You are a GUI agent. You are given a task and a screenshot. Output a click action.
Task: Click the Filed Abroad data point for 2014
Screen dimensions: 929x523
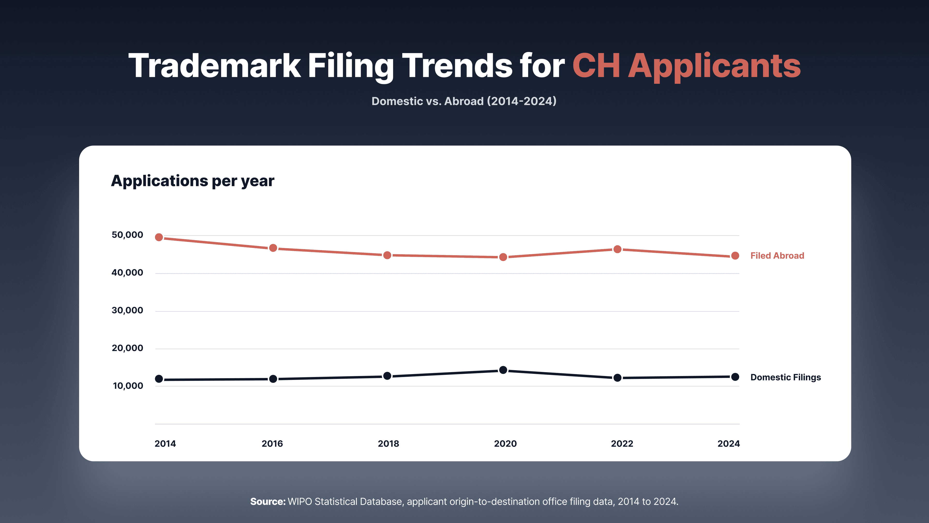point(159,237)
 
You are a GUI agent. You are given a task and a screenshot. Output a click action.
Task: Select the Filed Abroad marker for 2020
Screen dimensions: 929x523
point(503,257)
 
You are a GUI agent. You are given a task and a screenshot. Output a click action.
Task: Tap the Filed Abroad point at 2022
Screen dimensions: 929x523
point(617,249)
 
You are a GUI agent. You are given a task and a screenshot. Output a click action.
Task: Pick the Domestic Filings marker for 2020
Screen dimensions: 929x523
point(503,370)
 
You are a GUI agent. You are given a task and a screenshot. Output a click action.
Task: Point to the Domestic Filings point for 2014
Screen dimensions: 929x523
point(159,379)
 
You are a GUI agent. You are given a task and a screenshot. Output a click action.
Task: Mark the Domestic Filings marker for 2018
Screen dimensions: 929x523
point(387,376)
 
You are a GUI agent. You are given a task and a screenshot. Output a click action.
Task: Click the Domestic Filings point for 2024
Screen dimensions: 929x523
point(735,377)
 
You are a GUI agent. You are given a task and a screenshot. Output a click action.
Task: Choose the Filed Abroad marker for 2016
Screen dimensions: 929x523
point(273,248)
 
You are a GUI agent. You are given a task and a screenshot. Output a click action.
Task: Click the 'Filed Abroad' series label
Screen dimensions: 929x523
point(777,255)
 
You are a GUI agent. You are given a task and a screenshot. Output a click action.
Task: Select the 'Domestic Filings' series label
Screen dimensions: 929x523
point(786,377)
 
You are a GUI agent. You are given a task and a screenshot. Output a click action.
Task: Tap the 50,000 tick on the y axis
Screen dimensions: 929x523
point(127,235)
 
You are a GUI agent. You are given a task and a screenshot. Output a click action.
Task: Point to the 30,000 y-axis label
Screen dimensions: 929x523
point(127,310)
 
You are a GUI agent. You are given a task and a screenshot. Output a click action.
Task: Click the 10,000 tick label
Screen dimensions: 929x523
point(128,386)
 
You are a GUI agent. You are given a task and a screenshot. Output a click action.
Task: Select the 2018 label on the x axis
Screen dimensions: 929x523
point(388,444)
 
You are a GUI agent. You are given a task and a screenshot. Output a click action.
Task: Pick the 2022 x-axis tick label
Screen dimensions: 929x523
point(622,444)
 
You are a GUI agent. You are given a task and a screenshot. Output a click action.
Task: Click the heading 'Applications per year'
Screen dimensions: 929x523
point(193,181)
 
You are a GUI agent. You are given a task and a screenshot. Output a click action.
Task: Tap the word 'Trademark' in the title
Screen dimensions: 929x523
point(215,65)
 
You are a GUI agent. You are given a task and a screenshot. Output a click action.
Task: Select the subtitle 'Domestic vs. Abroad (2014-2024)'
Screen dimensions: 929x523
point(464,101)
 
